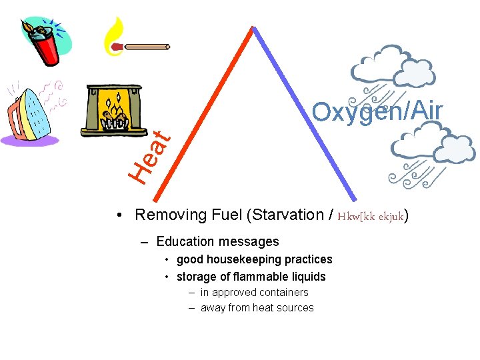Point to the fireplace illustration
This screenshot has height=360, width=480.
point(112,110)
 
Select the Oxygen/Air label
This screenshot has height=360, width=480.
point(377,112)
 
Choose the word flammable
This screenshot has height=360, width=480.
point(253,277)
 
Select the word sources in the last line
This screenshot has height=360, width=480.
point(293,308)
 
